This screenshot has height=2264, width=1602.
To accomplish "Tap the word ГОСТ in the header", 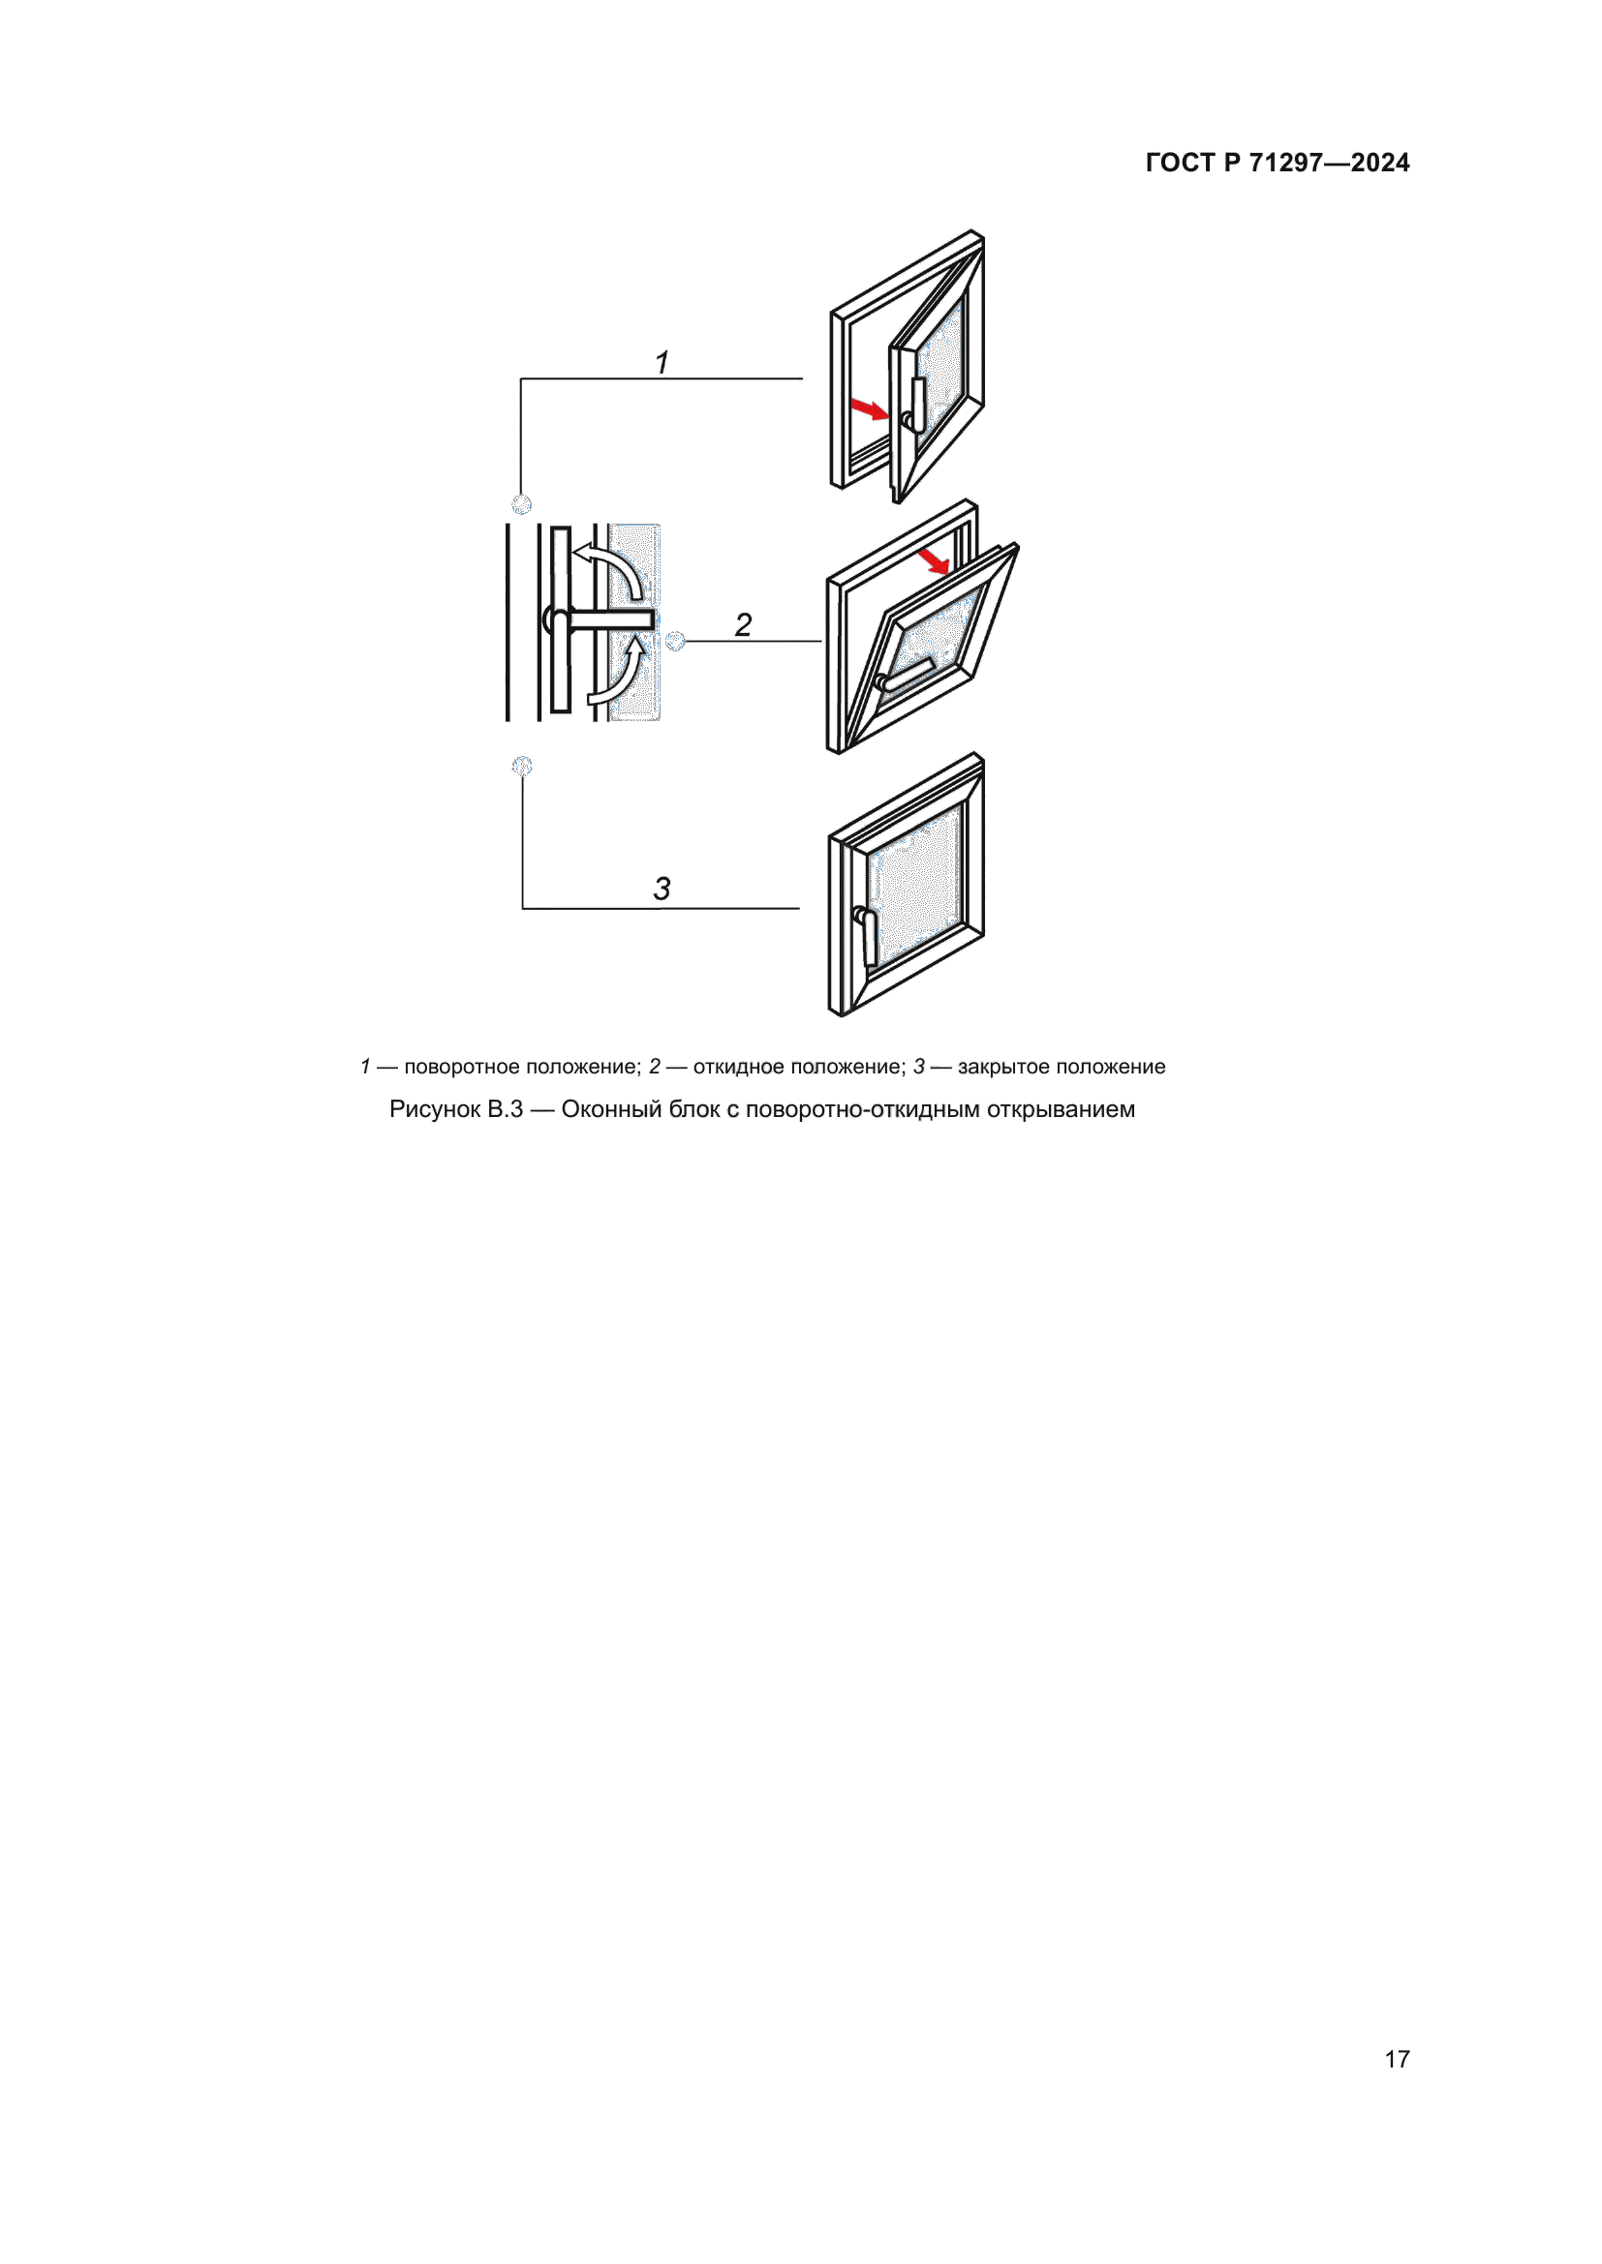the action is (x=1180, y=163).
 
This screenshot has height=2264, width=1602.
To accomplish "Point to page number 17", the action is (x=1397, y=2059).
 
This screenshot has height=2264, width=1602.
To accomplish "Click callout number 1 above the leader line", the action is (x=662, y=362).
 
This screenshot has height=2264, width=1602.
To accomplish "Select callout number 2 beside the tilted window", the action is (x=743, y=624).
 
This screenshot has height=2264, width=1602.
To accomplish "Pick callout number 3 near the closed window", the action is (x=662, y=889).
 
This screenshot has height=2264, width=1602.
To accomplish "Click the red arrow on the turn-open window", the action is (x=870, y=409).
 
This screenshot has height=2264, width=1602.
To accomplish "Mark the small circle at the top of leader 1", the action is (x=522, y=505).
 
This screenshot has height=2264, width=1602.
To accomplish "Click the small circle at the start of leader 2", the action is (x=675, y=641).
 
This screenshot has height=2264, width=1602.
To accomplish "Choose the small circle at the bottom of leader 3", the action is (x=522, y=766).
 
